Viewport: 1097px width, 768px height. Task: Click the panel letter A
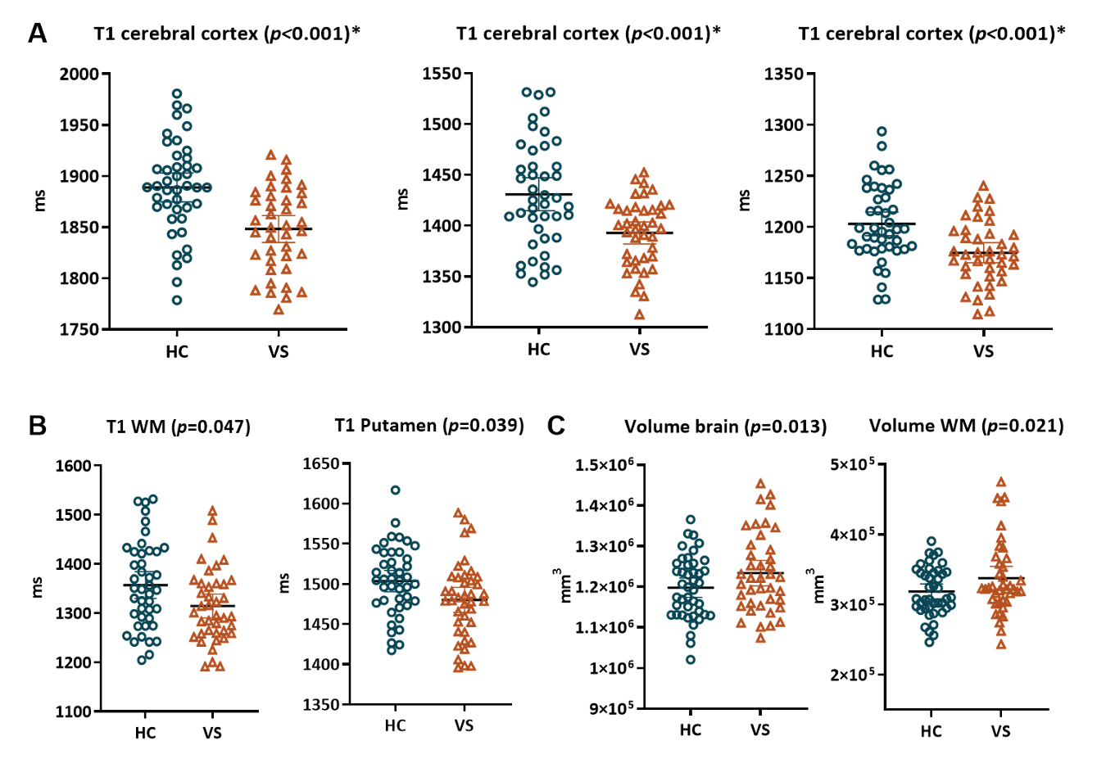coord(37,34)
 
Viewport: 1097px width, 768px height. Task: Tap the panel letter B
coord(37,426)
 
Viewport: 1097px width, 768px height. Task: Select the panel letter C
coord(556,426)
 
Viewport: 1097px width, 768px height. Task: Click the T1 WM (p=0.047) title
coord(179,427)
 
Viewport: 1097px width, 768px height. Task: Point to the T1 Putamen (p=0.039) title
coord(429,426)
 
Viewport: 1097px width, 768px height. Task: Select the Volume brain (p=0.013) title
coord(725,427)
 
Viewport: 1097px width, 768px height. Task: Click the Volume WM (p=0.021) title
coord(966,426)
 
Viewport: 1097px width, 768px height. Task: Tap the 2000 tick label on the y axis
coord(79,75)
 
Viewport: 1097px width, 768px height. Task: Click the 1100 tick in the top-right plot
coord(784,329)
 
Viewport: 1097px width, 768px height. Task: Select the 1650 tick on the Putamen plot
coord(321,464)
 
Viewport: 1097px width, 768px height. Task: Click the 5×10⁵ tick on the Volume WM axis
coord(852,465)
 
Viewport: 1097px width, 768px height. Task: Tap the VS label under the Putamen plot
coord(464,725)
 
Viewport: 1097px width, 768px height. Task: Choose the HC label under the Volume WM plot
coord(931,731)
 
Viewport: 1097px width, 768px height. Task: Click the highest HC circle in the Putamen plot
coord(396,490)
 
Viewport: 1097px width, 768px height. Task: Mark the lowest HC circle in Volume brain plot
coord(691,659)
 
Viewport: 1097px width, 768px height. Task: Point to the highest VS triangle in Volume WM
coord(1000,482)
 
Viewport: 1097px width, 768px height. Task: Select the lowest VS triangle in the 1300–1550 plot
coord(639,314)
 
